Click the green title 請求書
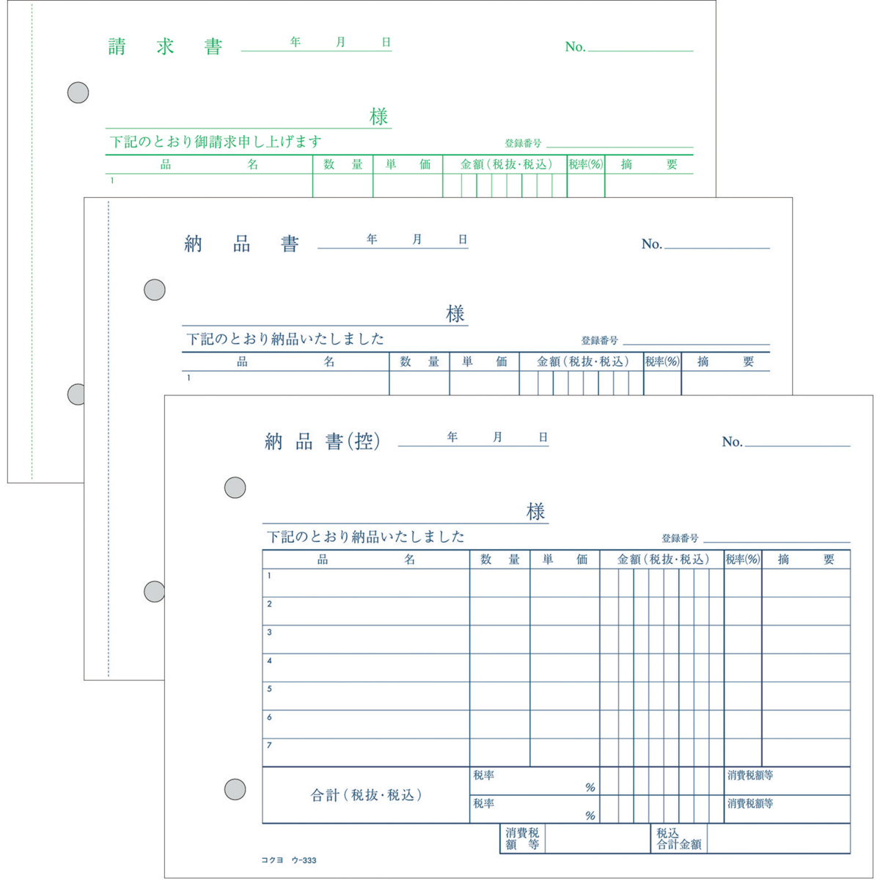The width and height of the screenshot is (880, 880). [x=165, y=47]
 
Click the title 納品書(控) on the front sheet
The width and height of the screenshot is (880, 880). [x=322, y=441]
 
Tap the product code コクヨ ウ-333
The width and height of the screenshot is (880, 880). [x=289, y=860]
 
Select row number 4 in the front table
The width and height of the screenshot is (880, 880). [x=269, y=660]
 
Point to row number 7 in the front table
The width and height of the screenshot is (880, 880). [x=269, y=745]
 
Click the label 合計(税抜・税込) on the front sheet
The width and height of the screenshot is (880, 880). [x=366, y=795]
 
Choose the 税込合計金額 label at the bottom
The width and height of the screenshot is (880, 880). [x=678, y=839]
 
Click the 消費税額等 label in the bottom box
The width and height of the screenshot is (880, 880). [x=522, y=839]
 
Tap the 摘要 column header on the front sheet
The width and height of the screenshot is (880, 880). [x=806, y=560]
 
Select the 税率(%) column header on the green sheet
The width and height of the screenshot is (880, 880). [x=586, y=164]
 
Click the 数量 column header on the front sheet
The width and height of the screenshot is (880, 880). [x=500, y=560]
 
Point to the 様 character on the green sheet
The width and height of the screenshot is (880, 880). [x=378, y=117]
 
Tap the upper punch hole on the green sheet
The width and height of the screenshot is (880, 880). [x=78, y=92]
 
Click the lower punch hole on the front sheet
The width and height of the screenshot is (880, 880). [x=235, y=790]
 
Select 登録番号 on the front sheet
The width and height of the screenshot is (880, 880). [x=680, y=538]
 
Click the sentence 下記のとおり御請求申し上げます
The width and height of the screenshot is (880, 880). [x=216, y=142]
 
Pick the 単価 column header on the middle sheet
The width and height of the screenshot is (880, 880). [x=484, y=362]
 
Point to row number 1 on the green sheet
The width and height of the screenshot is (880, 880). [x=112, y=180]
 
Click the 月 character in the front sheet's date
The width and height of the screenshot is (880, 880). [x=497, y=437]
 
